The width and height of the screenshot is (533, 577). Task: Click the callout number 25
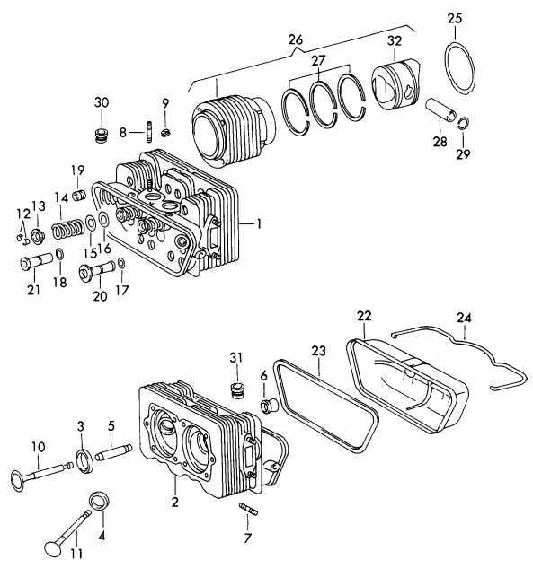[x=456, y=19]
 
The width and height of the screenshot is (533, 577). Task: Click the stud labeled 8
[x=144, y=136]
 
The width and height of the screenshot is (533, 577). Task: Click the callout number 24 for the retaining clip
[x=464, y=317]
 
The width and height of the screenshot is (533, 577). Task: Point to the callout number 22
[x=362, y=316]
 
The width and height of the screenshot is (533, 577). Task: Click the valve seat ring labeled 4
[x=98, y=499]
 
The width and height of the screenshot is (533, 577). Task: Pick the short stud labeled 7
[x=249, y=511]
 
